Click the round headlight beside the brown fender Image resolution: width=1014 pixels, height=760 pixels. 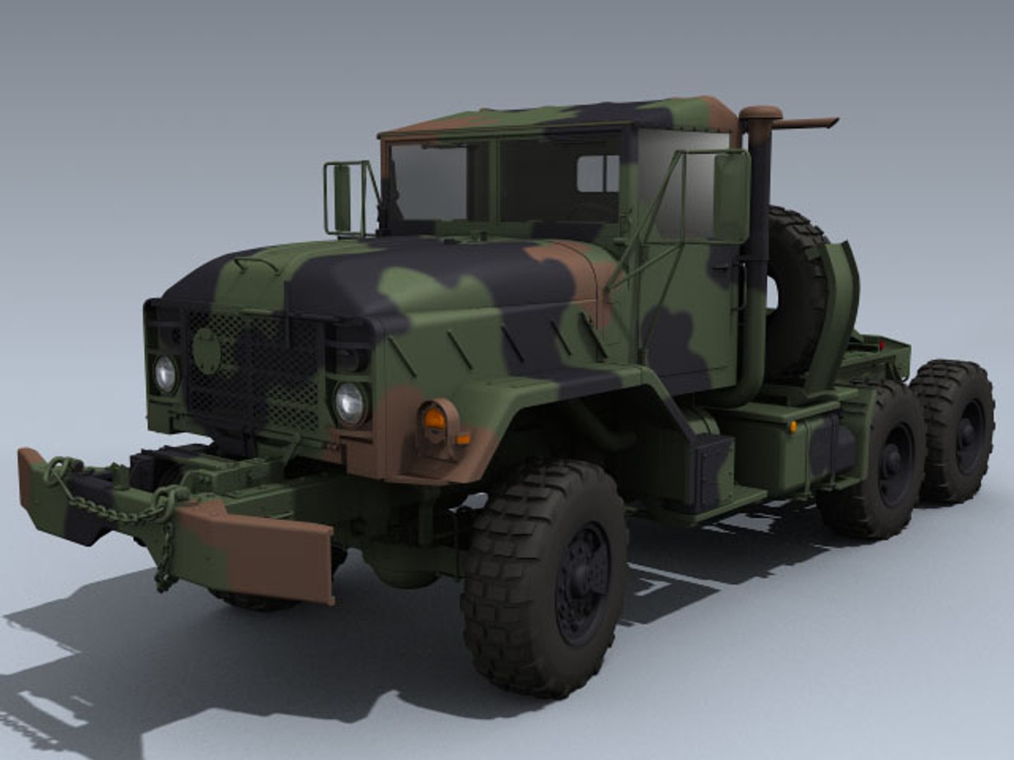click(350, 403)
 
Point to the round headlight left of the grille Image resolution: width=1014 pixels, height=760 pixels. click(165, 374)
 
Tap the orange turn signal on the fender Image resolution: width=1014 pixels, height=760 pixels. click(434, 420)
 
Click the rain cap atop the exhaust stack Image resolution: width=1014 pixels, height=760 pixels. click(760, 114)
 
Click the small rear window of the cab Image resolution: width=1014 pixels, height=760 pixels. click(598, 173)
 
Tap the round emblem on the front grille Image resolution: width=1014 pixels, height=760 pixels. click(206, 350)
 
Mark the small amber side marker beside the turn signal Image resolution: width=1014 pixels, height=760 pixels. click(463, 439)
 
